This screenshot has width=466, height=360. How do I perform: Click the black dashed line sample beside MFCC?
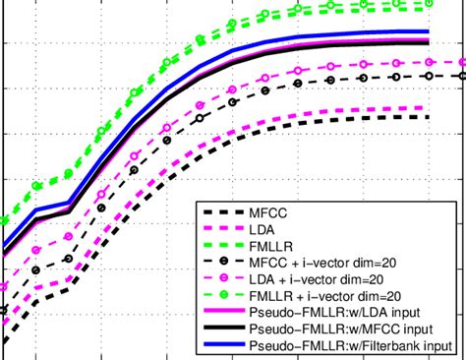click(223, 210)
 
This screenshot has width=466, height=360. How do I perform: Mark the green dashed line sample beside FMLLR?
click(223, 244)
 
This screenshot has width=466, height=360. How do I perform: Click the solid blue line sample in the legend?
click(223, 345)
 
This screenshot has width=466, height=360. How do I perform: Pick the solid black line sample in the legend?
click(223, 329)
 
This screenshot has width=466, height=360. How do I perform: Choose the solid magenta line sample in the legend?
click(223, 312)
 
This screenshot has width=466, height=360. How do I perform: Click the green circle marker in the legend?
click(223, 294)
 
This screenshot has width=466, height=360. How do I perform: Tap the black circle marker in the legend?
click(223, 261)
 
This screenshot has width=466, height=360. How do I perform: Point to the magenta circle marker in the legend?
click(223, 277)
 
